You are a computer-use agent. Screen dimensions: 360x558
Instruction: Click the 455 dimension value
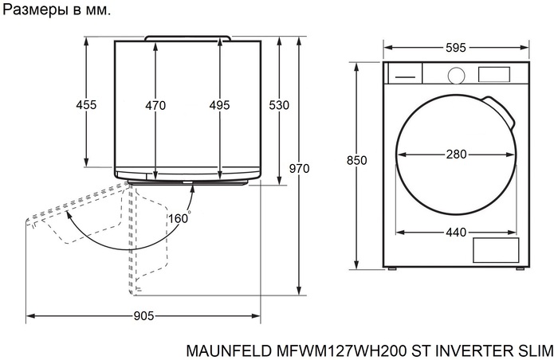pyautogui.click(x=86, y=105)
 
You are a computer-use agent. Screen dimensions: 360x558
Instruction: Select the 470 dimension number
pyautogui.click(x=155, y=105)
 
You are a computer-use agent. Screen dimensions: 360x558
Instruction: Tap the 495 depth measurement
pyautogui.click(x=219, y=105)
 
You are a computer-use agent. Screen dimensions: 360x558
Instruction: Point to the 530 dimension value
pyautogui.click(x=279, y=105)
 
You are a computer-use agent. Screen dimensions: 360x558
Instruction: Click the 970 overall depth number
pyautogui.click(x=299, y=168)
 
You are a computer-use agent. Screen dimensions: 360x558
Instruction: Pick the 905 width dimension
pyautogui.click(x=143, y=316)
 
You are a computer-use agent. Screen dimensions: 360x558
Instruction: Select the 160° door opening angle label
pyautogui.click(x=178, y=218)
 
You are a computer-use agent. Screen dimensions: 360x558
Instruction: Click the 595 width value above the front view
pyautogui.click(x=456, y=48)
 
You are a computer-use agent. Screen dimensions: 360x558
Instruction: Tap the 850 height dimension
pyautogui.click(x=357, y=161)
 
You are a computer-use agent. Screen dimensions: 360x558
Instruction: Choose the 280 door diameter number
pyautogui.click(x=456, y=155)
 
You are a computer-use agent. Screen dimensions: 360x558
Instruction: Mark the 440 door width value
pyautogui.click(x=456, y=233)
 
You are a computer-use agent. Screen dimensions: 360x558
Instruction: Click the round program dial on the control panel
pyautogui.click(x=456, y=74)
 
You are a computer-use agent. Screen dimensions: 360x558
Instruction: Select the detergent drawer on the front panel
pyautogui.click(x=404, y=74)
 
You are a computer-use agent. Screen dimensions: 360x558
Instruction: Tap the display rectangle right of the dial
pyautogui.click(x=494, y=74)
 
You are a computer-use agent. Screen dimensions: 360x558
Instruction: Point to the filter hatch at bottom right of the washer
pyautogui.click(x=496, y=251)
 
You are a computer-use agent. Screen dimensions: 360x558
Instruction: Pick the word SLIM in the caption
pyautogui.click(x=535, y=350)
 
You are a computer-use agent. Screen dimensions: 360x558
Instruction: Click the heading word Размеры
pyautogui.click(x=35, y=12)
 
